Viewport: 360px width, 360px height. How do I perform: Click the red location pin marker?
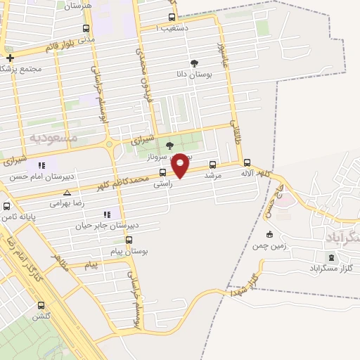point(181,165)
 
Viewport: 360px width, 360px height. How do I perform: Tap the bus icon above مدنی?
point(86,29)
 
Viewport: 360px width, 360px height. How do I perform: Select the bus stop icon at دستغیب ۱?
point(172,18)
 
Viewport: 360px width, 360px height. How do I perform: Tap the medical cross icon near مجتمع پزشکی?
point(9,58)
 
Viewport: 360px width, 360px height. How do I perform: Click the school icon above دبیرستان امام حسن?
point(41,165)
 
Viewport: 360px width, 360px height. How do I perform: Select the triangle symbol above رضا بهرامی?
point(67,192)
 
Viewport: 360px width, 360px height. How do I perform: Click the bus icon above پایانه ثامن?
point(6,207)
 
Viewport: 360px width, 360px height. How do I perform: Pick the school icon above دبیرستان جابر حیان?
point(107,214)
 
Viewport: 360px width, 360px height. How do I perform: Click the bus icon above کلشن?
point(41,305)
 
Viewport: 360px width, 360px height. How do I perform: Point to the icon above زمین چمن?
point(269,235)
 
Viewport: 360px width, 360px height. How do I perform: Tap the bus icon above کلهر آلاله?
point(246,162)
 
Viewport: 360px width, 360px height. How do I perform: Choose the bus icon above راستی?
point(162,172)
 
